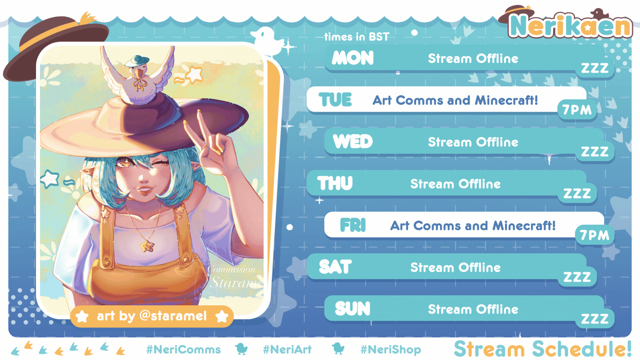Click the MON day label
(353, 58)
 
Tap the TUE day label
(335, 100)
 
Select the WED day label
(353, 142)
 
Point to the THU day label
(335, 183)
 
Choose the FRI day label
(353, 225)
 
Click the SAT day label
(335, 267)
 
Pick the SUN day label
(353, 309)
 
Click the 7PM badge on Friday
(595, 235)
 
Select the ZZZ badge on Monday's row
(595, 68)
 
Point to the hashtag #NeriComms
(183, 349)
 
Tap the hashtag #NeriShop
(391, 349)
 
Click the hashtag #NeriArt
(287, 349)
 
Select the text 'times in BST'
(357, 37)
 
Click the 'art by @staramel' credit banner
(152, 316)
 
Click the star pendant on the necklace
(147, 246)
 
